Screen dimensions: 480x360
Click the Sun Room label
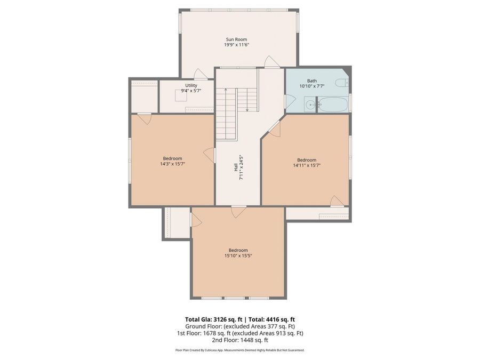[x=236, y=39]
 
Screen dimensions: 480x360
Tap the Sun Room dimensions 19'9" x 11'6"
[x=236, y=45]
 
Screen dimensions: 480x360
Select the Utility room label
[x=191, y=85]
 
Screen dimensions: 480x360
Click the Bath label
[x=312, y=81]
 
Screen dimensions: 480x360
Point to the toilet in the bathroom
[x=342, y=83]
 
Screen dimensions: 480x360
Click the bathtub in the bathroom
[x=332, y=105]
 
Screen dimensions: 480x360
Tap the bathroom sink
[x=310, y=105]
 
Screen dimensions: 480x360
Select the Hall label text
[x=236, y=167]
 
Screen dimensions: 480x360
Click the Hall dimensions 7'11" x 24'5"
[x=241, y=167]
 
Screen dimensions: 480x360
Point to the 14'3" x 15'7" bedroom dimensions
[x=172, y=164]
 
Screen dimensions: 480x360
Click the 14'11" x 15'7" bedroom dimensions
[x=307, y=165]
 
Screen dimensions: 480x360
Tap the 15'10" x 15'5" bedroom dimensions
[x=238, y=255]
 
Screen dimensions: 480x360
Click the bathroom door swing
[x=290, y=101]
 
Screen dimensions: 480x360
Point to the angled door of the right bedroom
[x=275, y=128]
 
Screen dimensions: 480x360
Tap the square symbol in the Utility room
[x=181, y=95]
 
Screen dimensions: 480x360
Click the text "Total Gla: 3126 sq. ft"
[x=213, y=319]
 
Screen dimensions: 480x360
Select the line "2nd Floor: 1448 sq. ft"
[x=240, y=340]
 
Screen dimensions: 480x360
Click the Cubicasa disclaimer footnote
[x=240, y=350]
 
